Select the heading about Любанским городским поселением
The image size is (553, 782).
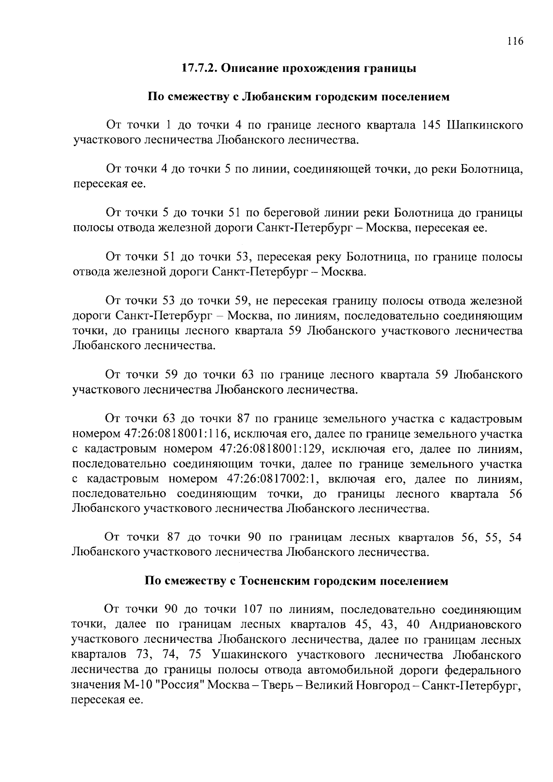click(298, 97)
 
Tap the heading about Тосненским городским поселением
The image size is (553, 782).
click(297, 581)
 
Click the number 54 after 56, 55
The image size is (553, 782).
click(515, 538)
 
